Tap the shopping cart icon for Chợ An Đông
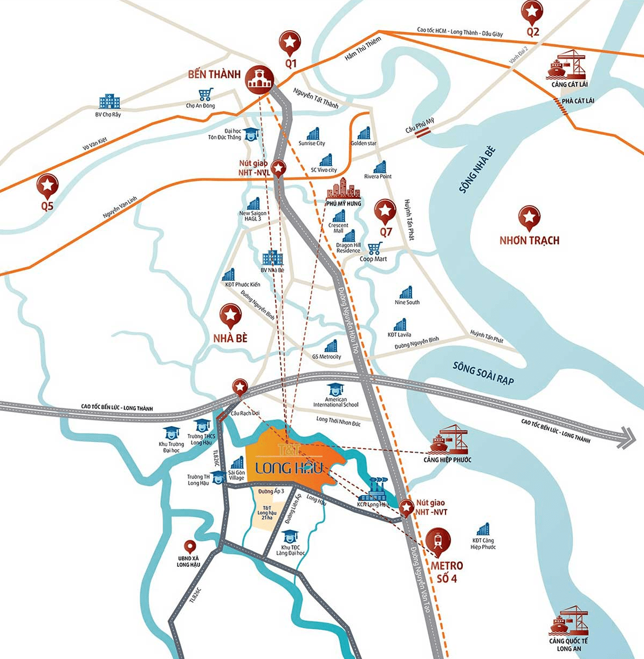pyautogui.click(x=205, y=95)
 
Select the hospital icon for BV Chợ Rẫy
pyautogui.click(x=109, y=102)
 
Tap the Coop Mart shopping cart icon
pyautogui.click(x=374, y=248)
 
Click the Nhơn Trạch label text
pyautogui.click(x=529, y=241)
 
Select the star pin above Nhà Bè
pyautogui.click(x=231, y=315)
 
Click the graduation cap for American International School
pyautogui.click(x=335, y=389)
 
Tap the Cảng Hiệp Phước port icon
pyautogui.click(x=449, y=440)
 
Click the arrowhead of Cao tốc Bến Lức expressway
pyautogui.click(x=627, y=437)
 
